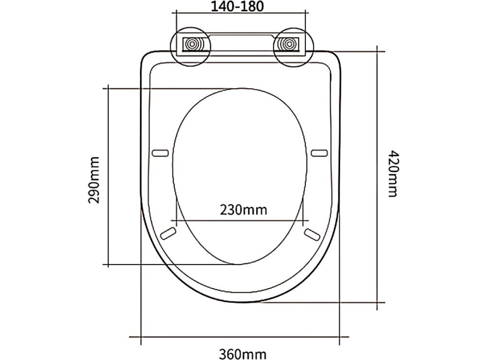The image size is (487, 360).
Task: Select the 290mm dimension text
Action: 94,181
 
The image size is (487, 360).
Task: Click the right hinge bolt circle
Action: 289,44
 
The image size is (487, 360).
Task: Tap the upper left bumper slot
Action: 160,153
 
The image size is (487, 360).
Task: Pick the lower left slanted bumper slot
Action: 169,232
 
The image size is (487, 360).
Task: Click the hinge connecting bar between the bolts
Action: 240,43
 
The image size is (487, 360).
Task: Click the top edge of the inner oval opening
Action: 239,88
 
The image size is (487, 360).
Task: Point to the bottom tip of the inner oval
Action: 239,264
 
